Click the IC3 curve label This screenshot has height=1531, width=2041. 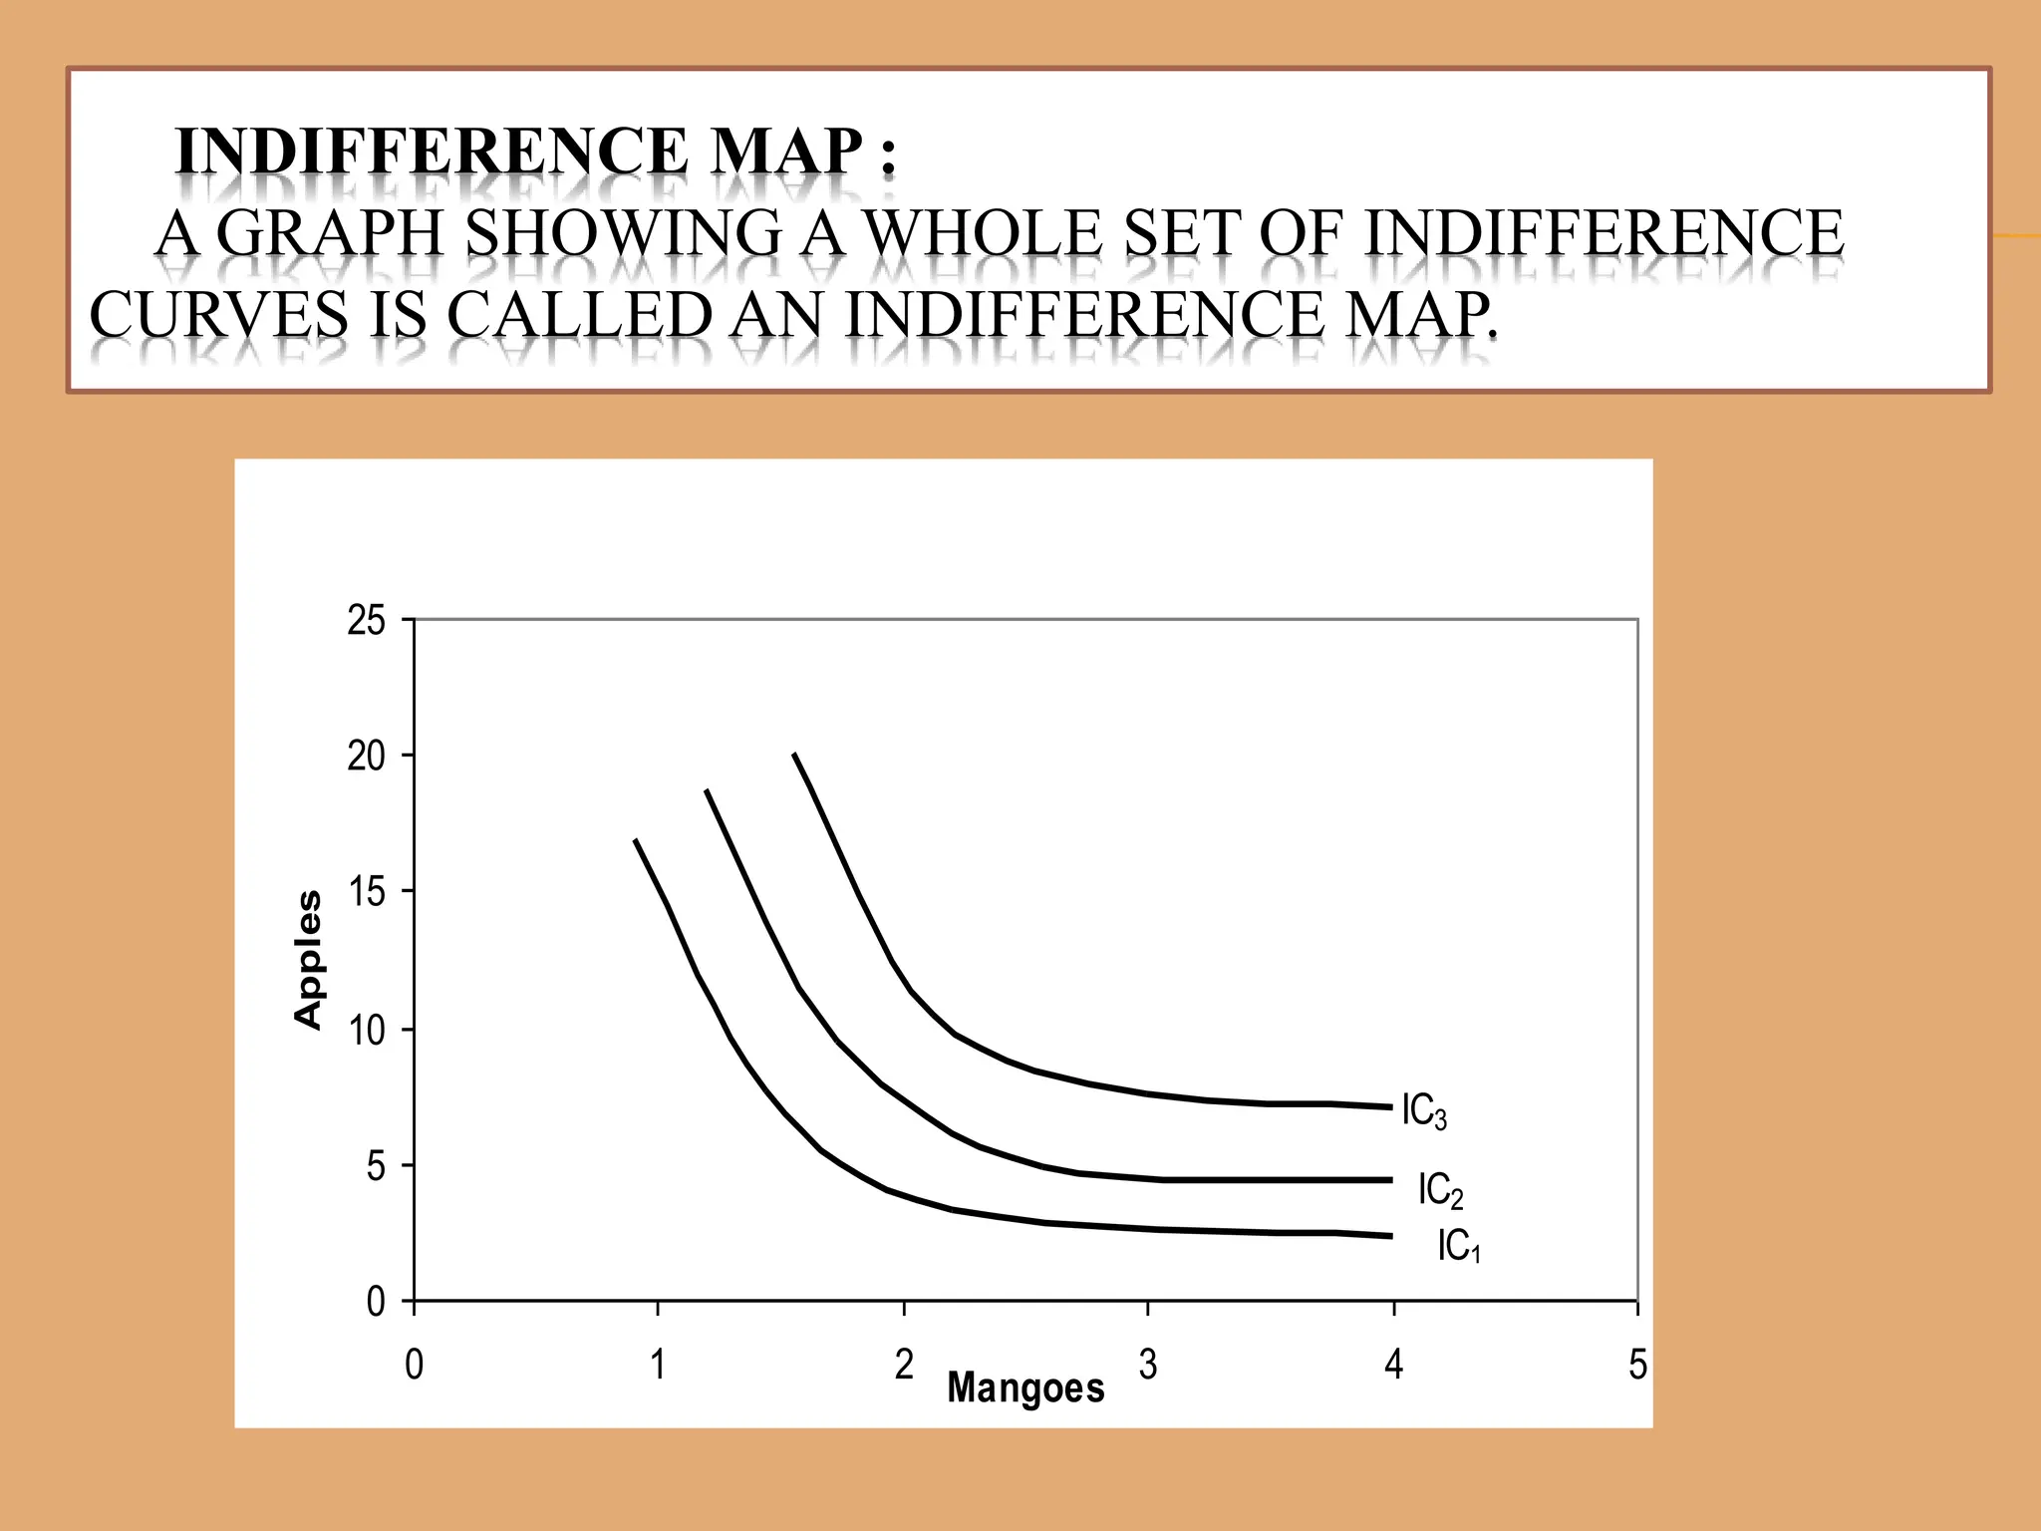pos(1423,1111)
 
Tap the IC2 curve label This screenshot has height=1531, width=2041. pos(1440,1190)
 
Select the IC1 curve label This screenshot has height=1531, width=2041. pos(1458,1246)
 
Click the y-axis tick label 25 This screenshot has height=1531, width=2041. pos(366,621)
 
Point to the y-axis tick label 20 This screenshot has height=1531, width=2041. pos(366,757)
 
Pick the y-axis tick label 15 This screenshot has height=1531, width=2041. pos(366,892)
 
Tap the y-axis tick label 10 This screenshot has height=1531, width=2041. pos(366,1030)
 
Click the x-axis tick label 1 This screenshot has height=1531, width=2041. pos(658,1365)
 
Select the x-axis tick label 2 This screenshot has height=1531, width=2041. pos(903,1365)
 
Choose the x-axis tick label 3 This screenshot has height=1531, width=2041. pos(1148,1365)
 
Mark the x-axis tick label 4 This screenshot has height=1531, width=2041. pos(1393,1365)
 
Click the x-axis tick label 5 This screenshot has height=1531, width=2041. pos(1637,1365)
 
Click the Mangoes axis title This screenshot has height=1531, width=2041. pos(1025,1387)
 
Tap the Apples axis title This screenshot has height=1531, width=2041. pos(309,959)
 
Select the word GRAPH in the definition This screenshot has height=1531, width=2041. pos(329,233)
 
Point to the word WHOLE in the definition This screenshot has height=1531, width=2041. pos(982,233)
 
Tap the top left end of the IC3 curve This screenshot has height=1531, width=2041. pos(794,755)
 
